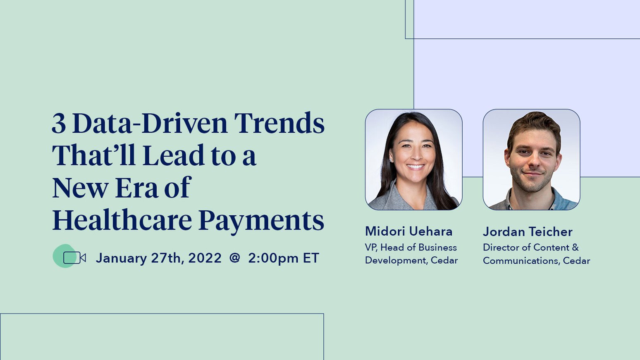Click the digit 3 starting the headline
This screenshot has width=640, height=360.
point(59,123)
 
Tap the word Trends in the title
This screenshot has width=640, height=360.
point(279,123)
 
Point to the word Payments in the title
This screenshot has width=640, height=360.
point(261,221)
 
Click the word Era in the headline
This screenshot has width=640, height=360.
point(136,188)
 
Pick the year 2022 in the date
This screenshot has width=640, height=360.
point(205,258)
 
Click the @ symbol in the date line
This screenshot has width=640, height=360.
point(234,258)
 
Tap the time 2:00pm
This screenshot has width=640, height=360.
point(273,258)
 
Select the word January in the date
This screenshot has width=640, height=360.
point(121,258)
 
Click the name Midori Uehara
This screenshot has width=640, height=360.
point(408,231)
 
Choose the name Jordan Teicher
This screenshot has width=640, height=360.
point(528,231)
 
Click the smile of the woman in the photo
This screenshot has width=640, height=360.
point(415,167)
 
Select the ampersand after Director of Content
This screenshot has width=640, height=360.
point(575,247)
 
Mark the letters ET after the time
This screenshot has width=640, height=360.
point(311,258)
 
